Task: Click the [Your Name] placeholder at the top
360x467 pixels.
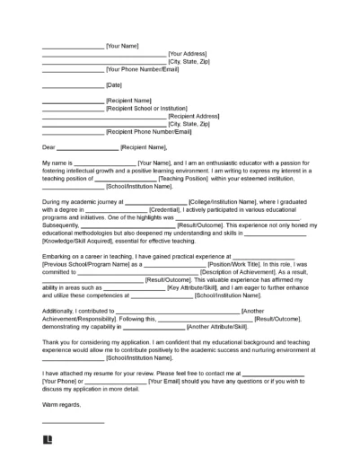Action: click(123, 44)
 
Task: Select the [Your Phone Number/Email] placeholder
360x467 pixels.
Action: click(144, 69)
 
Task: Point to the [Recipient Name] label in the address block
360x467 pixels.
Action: click(128, 101)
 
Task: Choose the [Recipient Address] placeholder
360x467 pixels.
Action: click(192, 117)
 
